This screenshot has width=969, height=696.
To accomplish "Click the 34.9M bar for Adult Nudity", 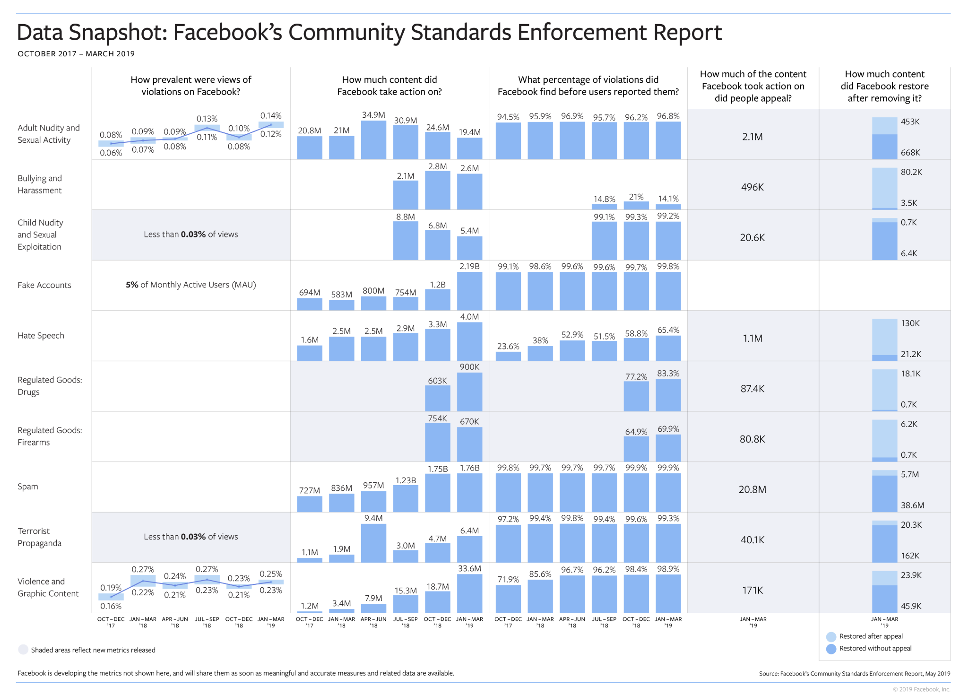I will [x=373, y=140].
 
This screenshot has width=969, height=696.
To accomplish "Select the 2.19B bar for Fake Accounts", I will [x=469, y=291].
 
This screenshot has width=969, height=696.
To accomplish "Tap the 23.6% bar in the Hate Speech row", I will [x=508, y=356].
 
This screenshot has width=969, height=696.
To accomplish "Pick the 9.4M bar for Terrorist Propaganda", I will [x=373, y=543].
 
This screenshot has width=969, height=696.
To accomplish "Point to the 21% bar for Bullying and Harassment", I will [x=636, y=206].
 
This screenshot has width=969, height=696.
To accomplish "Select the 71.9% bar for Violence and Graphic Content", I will [x=508, y=599].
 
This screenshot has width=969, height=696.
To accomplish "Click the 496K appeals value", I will [x=752, y=187].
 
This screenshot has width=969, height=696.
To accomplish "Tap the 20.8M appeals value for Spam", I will [x=752, y=489].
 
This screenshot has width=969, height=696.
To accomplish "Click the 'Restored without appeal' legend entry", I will [x=875, y=649].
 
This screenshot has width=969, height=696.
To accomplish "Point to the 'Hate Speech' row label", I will [x=41, y=336].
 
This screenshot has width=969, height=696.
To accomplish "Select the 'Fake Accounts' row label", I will [x=44, y=285].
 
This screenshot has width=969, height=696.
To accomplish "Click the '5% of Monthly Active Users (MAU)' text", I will [x=190, y=285].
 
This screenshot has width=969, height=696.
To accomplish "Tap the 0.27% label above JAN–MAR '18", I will [x=143, y=569].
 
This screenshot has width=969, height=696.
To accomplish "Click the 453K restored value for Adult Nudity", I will [x=910, y=122].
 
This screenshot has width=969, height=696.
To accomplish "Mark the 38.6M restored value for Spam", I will [x=912, y=505].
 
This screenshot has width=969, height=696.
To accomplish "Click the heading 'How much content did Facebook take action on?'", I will [x=389, y=86].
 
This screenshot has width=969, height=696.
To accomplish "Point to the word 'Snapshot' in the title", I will [x=118, y=33].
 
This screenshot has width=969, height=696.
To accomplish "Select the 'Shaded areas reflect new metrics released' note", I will [x=93, y=650].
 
